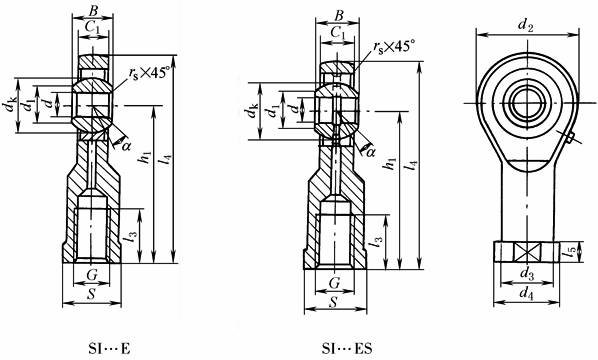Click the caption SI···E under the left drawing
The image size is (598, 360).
click(x=109, y=349)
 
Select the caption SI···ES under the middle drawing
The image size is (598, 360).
click(x=347, y=349)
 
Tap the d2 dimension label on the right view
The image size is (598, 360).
click(x=526, y=25)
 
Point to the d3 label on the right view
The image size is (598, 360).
click(x=527, y=273)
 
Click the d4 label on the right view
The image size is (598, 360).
click(x=526, y=293)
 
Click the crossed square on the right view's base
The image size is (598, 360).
click(x=527, y=252)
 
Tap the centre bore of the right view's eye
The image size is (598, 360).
click(x=527, y=103)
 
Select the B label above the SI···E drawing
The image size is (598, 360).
click(x=93, y=11)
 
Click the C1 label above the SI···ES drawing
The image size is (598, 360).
click(x=338, y=33)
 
